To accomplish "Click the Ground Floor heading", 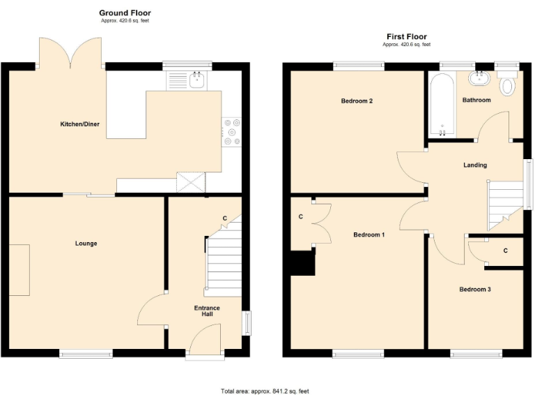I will (125, 13).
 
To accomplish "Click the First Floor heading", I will (406, 36).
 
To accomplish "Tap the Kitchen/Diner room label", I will (79, 124).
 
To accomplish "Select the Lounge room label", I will (86, 244).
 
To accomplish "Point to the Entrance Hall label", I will (207, 311).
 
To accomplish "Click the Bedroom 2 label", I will (357, 101).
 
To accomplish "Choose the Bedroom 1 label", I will (369, 234).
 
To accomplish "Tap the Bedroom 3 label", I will (475, 288).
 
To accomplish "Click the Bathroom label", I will (476, 100).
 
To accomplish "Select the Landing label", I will (475, 165).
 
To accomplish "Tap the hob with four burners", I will (231, 133).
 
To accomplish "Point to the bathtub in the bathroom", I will (442, 105).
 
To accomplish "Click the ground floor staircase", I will (224, 262).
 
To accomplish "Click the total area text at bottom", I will (264, 391).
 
